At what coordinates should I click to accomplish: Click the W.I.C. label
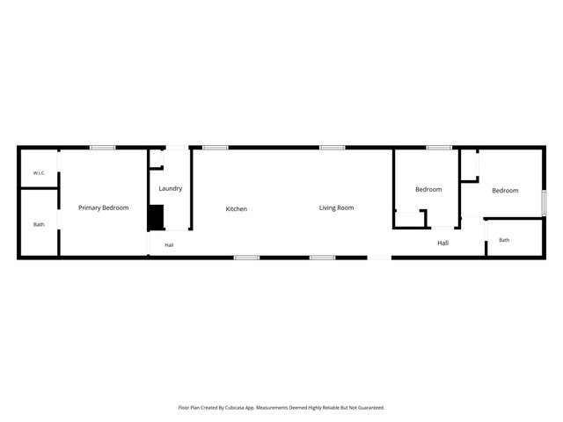[x=39, y=173]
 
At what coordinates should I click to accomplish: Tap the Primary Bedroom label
[x=104, y=207]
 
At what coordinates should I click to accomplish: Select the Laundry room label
[x=171, y=188]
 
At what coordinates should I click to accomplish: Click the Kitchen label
[x=237, y=209]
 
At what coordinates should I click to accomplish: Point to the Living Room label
[x=336, y=207]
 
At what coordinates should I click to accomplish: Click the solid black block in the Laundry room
[x=157, y=217]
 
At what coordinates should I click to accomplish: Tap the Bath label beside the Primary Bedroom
[x=39, y=225]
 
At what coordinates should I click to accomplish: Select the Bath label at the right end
[x=504, y=240]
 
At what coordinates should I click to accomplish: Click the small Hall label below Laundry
[x=169, y=245]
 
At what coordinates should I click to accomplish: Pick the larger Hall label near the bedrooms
[x=443, y=243]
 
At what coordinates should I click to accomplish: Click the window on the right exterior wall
[x=544, y=203]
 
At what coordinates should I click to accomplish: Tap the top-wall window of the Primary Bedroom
[x=103, y=148]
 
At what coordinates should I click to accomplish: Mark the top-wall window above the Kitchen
[x=215, y=148]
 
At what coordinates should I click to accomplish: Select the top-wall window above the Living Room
[x=333, y=148]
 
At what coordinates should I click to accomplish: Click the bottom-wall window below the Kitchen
[x=246, y=258]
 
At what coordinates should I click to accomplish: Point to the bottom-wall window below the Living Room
[x=323, y=258]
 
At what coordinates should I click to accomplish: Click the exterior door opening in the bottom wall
[x=379, y=258]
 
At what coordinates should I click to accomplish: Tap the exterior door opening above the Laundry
[x=177, y=148]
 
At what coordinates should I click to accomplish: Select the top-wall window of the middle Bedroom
[x=439, y=148]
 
